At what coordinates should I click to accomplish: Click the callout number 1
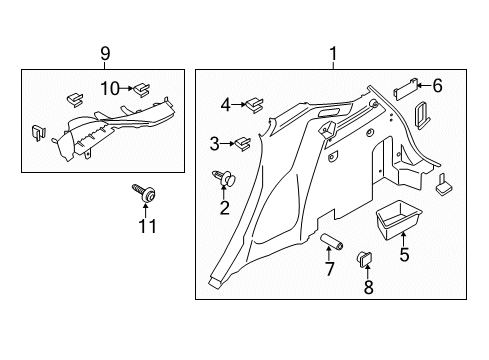coord(335,57)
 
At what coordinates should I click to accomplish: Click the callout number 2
coord(224,208)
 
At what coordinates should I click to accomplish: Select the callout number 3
coord(214,144)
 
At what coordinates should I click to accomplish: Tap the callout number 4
coord(226,102)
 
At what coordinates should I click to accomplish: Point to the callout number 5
coord(403,254)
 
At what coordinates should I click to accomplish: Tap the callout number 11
coord(148,229)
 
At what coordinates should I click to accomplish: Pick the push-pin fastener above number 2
coord(224,180)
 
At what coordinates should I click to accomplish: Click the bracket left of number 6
coord(405,88)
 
